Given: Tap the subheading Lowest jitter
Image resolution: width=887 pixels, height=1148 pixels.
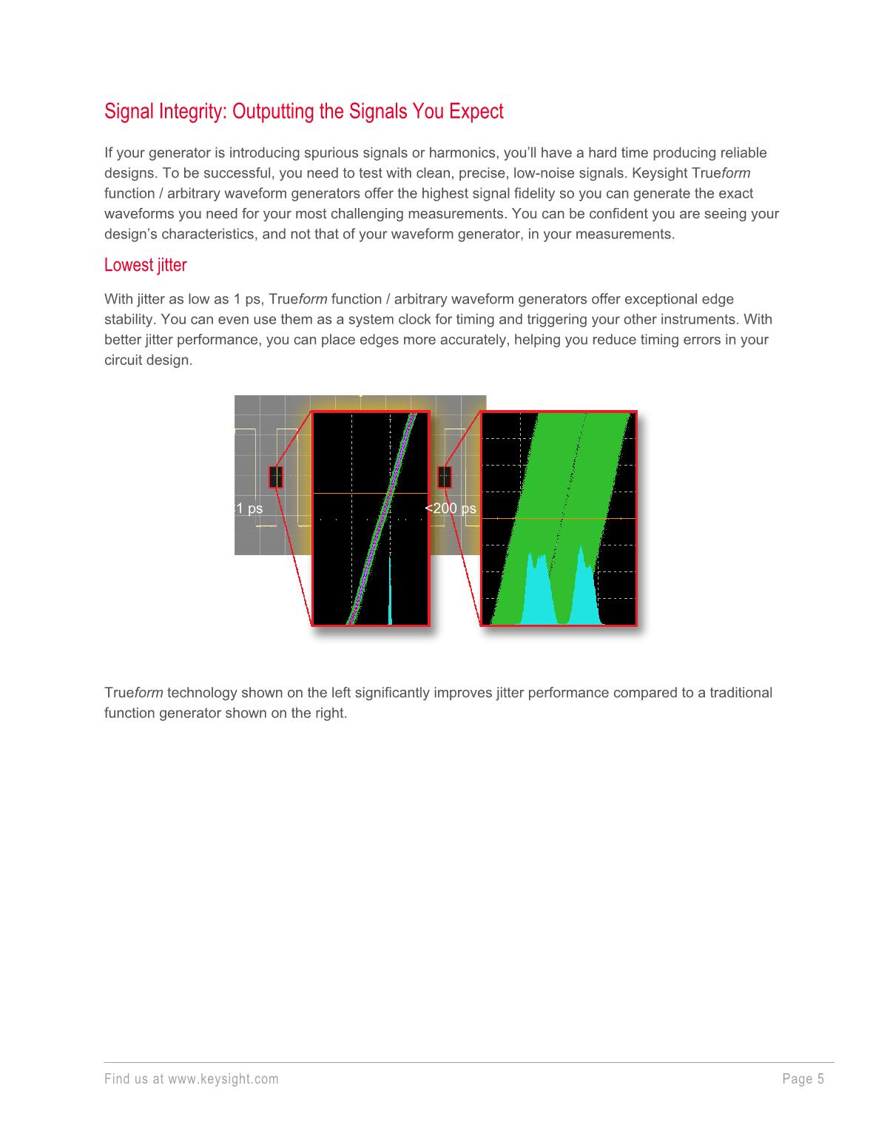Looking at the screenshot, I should coord(145,265).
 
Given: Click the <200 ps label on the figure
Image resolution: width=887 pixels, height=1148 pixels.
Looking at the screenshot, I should coord(451,508).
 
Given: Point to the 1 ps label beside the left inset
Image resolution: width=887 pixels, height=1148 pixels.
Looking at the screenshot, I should coord(249,508).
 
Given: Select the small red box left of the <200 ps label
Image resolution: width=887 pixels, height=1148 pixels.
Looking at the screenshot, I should coord(445,477).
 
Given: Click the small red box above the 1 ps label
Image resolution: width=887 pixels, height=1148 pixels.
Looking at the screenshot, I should coord(275,477).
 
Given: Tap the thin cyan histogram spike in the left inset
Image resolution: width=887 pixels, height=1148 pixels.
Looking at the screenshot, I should coord(390,592).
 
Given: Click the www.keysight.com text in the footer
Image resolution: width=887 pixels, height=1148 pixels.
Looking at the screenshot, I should coord(223,1078).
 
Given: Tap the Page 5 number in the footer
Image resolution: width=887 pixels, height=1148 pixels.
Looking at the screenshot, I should coord(803,1078).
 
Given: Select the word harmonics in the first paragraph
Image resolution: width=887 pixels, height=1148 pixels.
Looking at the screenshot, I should coord(466,153).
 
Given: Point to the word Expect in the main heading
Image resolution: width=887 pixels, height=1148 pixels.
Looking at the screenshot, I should coord(479,112).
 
